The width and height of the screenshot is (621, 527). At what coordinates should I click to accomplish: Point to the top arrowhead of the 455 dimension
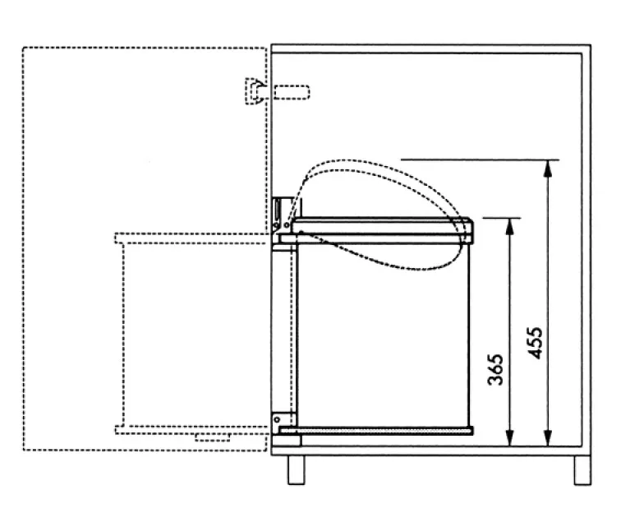point(546,164)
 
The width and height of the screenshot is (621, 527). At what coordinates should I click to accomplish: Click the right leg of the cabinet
point(581,469)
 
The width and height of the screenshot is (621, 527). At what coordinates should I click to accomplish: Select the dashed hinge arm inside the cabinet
point(292,91)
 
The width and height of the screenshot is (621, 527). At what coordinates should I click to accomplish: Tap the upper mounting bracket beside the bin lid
point(281,211)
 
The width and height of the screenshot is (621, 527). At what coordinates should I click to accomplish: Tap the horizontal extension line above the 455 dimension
point(481,159)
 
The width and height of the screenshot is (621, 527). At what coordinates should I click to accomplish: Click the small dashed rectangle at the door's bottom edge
point(212,437)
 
